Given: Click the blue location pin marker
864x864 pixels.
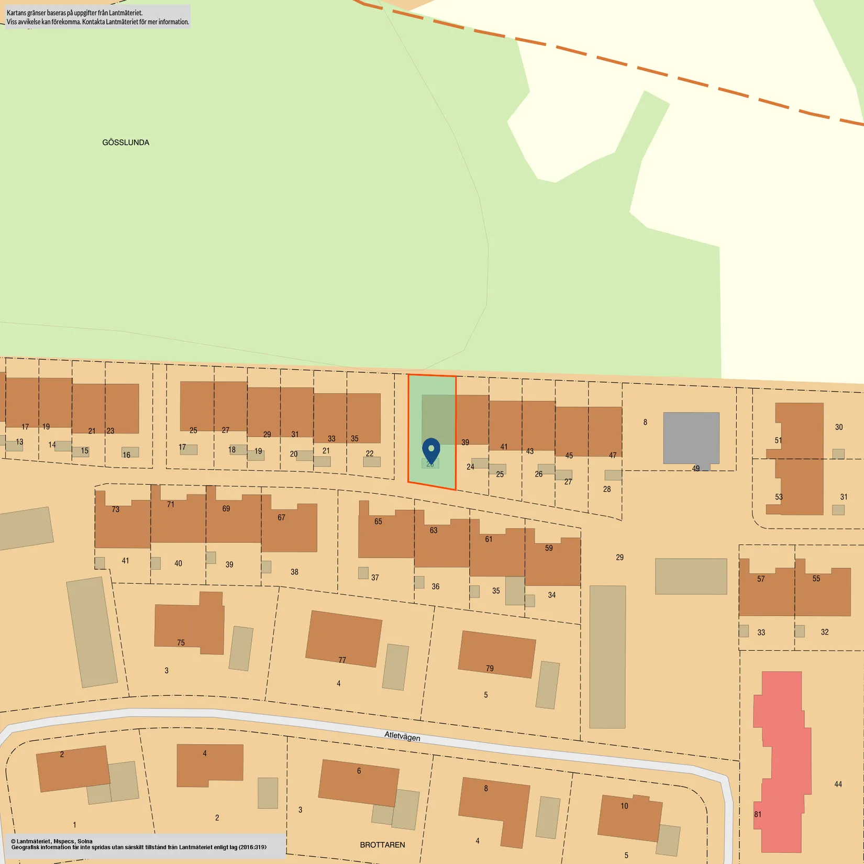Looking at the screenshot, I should pyautogui.click(x=431, y=450).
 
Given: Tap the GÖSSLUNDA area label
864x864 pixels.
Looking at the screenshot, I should pyautogui.click(x=126, y=142).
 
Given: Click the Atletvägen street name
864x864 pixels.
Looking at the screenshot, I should pyautogui.click(x=402, y=736).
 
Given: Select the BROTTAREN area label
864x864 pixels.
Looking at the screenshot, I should pyautogui.click(x=382, y=845).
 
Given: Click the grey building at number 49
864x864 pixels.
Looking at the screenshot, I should pyautogui.click(x=691, y=438).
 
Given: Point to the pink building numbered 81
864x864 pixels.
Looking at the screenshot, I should pyautogui.click(x=780, y=759).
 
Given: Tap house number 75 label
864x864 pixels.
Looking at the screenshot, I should pyautogui.click(x=181, y=643).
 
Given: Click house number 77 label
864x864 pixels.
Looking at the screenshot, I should pyautogui.click(x=342, y=660).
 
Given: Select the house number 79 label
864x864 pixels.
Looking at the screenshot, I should pyautogui.click(x=490, y=668).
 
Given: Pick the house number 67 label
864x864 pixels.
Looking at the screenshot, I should pyautogui.click(x=281, y=517).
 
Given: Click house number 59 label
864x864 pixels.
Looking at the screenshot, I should pyautogui.click(x=549, y=548).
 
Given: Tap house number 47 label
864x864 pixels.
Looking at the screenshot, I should pyautogui.click(x=613, y=455).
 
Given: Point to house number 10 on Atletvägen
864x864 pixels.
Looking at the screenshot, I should pyautogui.click(x=624, y=806).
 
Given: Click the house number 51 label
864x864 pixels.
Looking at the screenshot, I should pyautogui.click(x=778, y=440).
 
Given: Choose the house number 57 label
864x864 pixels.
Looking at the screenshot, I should pyautogui.click(x=761, y=579).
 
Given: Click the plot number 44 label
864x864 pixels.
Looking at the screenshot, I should pyautogui.click(x=838, y=784).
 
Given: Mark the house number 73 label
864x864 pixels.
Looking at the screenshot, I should pyautogui.click(x=115, y=509).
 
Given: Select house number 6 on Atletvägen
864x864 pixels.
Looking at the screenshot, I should pyautogui.click(x=359, y=771).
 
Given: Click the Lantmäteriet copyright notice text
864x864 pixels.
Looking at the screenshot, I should pyautogui.click(x=139, y=844).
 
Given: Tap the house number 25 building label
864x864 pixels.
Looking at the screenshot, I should pyautogui.click(x=193, y=430).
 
